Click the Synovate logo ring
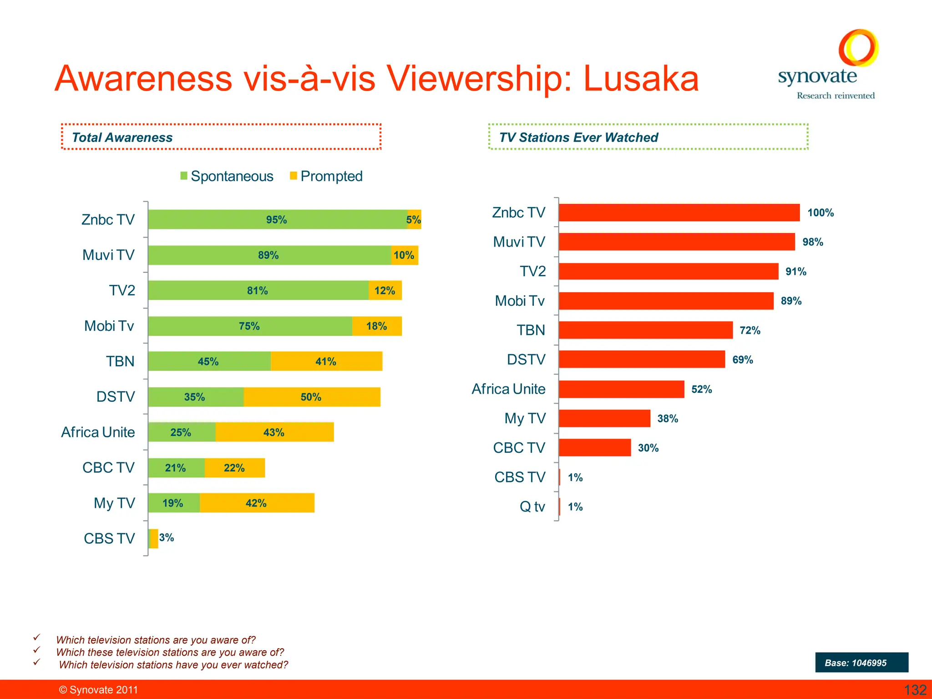tap(858, 48)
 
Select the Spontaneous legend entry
tap(227, 176)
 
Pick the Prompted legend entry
tap(326, 176)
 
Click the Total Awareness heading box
tap(221, 137)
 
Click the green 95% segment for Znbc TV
tap(277, 219)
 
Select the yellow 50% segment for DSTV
tap(312, 397)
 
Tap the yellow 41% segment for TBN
tap(326, 361)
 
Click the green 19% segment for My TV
tap(173, 503)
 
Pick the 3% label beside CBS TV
tap(167, 538)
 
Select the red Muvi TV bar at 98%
tap(676, 242)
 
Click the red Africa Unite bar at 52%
tap(621, 389)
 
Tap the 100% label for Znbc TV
tap(820, 213)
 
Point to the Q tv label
tap(532, 507)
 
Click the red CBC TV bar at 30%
tap(594, 448)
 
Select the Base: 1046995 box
tap(861, 663)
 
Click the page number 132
tap(915, 690)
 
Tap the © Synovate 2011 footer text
tap(98, 690)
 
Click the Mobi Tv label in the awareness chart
tap(109, 326)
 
